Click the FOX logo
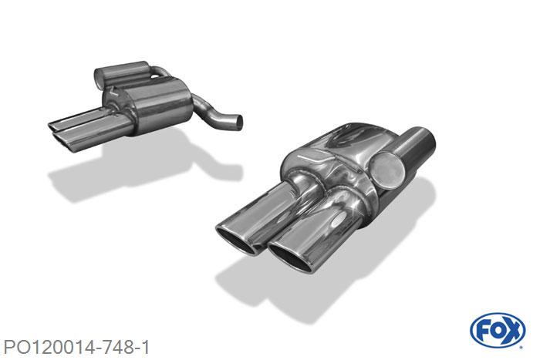coord(498,331)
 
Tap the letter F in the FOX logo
coord(482,331)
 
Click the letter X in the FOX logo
coord(512,331)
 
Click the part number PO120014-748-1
coord(76,347)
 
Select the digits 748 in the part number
coord(116,347)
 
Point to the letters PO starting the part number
coord(15,347)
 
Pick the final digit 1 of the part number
coord(146,347)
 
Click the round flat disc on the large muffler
coord(388,170)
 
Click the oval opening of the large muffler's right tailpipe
coord(290,257)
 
